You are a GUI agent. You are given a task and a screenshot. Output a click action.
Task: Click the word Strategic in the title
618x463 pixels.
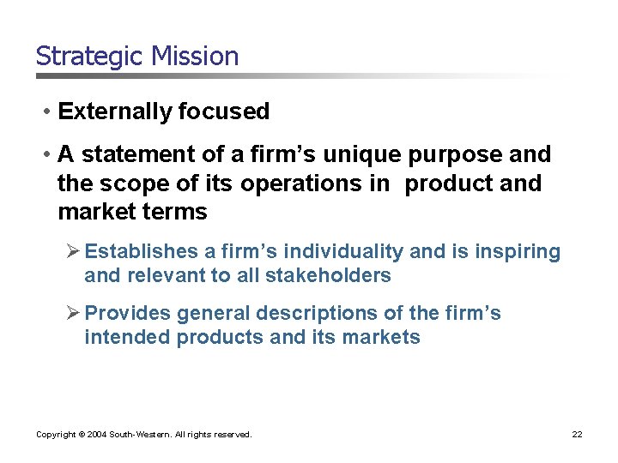click(90, 57)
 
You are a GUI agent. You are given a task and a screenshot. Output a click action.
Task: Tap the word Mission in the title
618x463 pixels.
click(195, 57)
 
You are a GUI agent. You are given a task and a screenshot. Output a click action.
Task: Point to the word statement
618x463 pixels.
click(131, 155)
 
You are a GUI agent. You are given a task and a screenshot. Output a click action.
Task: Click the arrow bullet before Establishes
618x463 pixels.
click(74, 252)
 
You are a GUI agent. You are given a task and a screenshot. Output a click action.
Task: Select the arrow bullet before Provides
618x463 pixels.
click(74, 314)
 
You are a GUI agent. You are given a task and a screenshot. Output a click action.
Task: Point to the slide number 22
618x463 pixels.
click(577, 435)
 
